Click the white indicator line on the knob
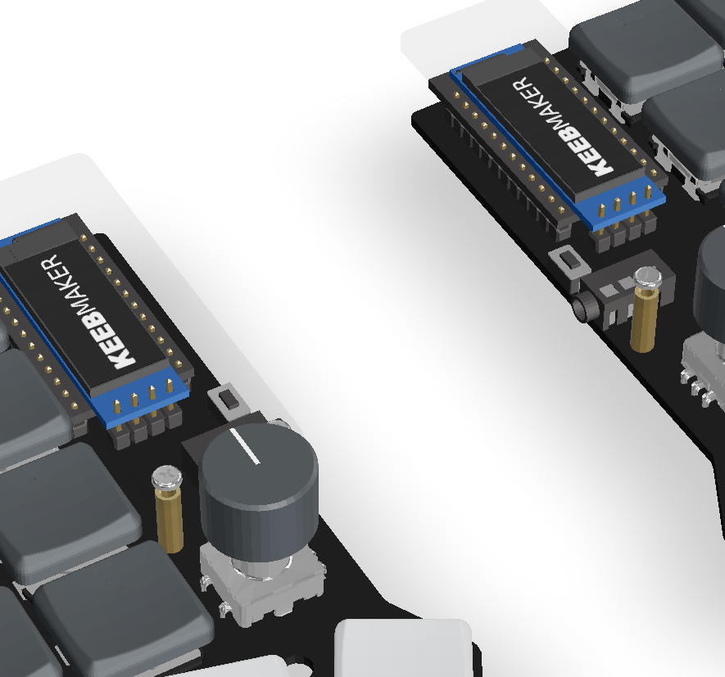tap(245, 445)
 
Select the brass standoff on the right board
tap(644, 320)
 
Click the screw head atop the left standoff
tap(167, 476)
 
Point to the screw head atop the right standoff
tap(648, 278)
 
